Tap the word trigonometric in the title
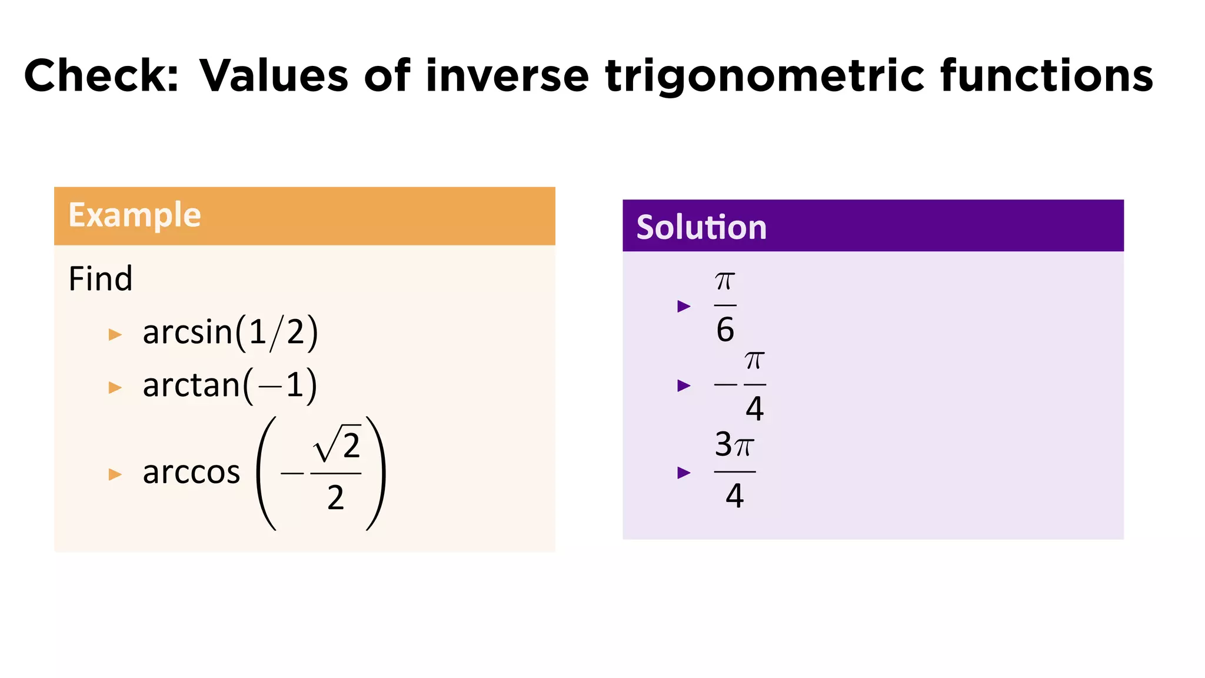coord(764,77)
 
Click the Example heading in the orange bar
coord(135,215)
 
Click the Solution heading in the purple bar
coord(701,227)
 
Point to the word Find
coord(101,279)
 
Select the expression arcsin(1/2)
coord(230,333)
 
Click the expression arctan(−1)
coord(229,385)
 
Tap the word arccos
coord(191,473)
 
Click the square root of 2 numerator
coord(337,446)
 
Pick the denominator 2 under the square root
coord(335,498)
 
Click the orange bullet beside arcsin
coord(115,335)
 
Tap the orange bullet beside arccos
coord(115,474)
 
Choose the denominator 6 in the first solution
coord(725,330)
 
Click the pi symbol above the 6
coord(725,282)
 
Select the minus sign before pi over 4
coord(725,385)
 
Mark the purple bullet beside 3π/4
coord(684,473)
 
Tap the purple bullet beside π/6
coord(684,306)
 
